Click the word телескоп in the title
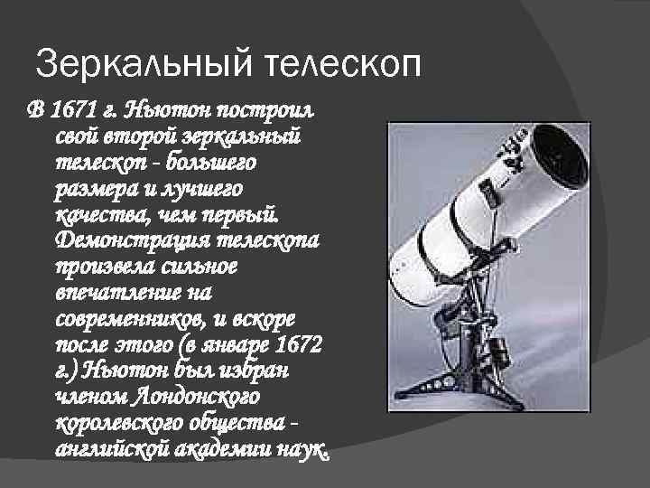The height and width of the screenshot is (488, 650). click(343, 65)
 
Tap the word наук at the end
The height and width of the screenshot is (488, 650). click(303, 450)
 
